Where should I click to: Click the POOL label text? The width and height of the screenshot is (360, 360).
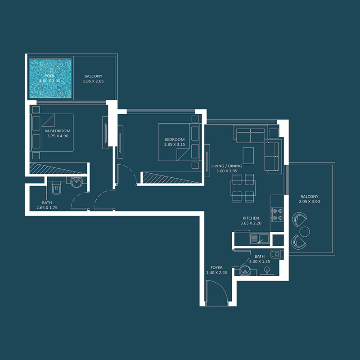coord(49,76)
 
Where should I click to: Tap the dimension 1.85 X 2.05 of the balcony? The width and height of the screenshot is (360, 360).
coord(93,81)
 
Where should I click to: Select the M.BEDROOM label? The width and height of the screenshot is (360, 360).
coord(58,131)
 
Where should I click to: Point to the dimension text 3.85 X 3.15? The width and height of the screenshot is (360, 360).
coord(175,144)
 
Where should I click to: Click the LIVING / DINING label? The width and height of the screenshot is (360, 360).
coord(226,166)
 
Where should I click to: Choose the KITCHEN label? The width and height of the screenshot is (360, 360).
coord(251,218)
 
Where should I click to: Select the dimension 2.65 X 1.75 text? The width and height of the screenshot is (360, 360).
coord(47,208)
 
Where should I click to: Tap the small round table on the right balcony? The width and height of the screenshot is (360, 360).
coord(305,231)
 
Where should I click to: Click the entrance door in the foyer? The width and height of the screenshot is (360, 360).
coord(215,292)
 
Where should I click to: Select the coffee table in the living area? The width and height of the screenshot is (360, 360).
coord(248,155)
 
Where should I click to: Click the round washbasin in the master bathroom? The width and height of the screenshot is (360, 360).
coord(76,182)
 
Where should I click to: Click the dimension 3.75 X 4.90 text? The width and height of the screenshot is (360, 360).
coord(58,136)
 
